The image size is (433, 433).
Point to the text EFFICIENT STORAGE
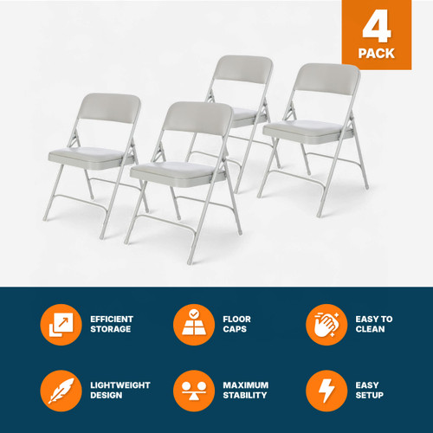click(x=112, y=325)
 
